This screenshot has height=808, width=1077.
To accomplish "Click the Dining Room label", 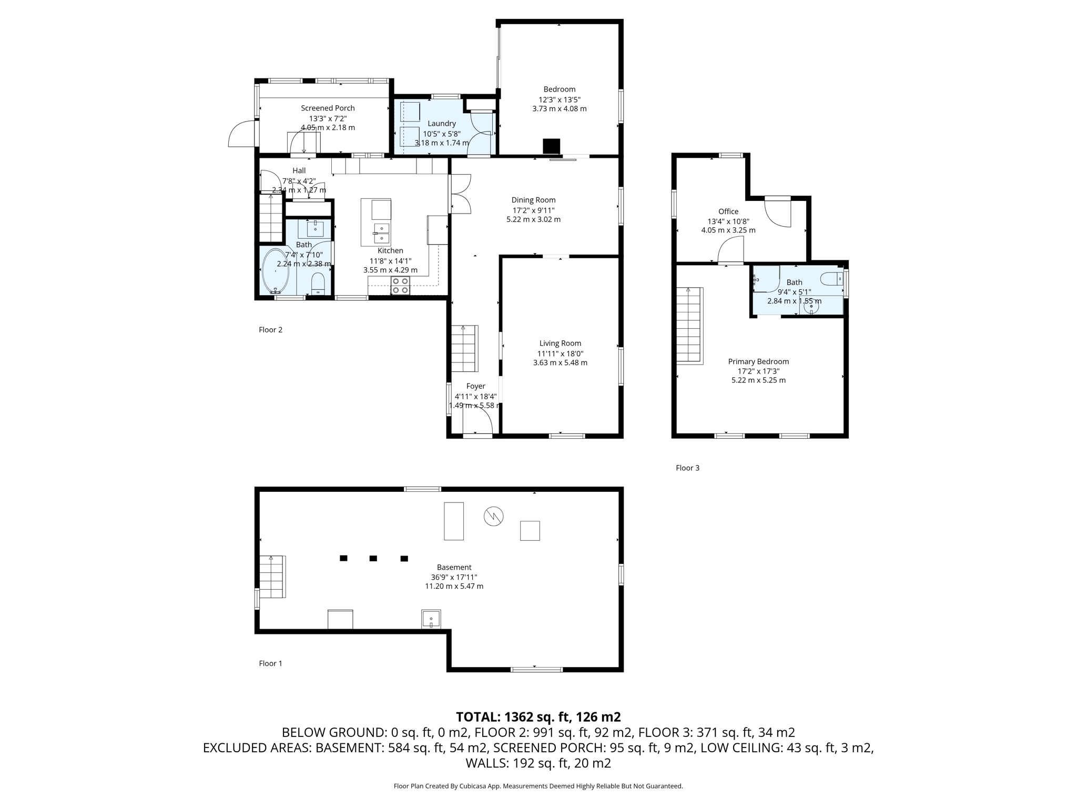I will click(533, 200).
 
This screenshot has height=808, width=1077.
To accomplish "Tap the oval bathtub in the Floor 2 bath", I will click(276, 271).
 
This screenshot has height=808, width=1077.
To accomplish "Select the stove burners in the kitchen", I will click(400, 286).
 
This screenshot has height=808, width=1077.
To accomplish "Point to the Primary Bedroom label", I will click(758, 361).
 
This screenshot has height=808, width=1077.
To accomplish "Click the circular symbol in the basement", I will click(493, 516).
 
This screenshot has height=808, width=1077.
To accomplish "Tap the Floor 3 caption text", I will click(687, 468).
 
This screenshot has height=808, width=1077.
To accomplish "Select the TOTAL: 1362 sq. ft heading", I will click(538, 716).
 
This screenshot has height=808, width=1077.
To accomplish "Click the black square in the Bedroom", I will click(551, 145).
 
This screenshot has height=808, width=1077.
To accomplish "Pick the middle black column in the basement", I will click(373, 558).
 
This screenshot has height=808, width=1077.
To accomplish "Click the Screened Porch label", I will click(328, 108).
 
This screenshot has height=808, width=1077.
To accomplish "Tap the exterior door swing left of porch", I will click(241, 135).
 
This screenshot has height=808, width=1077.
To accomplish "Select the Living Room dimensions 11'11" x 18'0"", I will click(560, 353).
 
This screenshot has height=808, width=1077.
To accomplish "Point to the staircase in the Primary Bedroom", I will click(689, 325).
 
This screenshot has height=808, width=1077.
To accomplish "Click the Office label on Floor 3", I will click(728, 211).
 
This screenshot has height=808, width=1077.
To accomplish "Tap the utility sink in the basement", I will click(431, 619).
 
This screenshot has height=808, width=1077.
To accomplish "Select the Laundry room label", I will click(441, 124).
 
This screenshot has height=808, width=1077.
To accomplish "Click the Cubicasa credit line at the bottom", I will click(538, 786).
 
